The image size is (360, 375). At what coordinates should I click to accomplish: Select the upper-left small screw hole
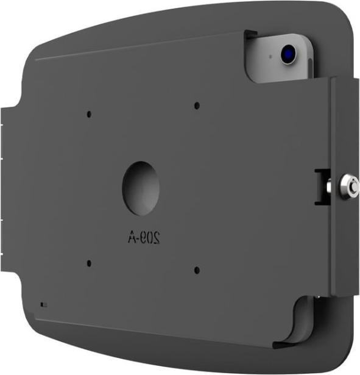pyautogui.click(x=89, y=114)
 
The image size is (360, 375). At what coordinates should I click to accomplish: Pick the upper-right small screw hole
pyautogui.click(x=196, y=105)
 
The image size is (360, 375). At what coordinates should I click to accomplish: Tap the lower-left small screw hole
pyautogui.click(x=89, y=263)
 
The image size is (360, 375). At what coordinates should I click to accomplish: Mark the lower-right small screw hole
pyautogui.click(x=196, y=268)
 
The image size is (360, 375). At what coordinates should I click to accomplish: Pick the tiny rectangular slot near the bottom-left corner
pyautogui.click(x=41, y=303)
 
